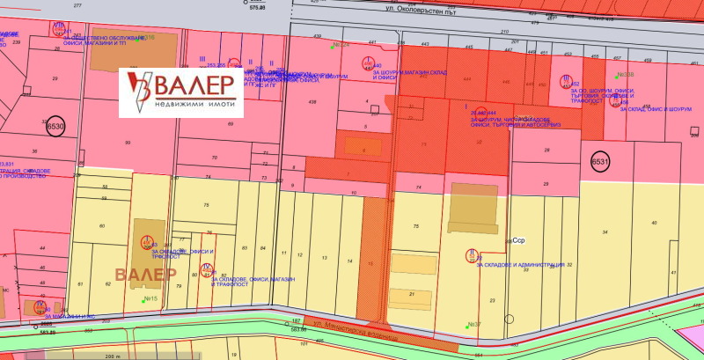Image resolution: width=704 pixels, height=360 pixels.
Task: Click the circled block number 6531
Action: click(599, 163)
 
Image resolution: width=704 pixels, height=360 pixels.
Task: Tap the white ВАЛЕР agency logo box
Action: click(180, 88)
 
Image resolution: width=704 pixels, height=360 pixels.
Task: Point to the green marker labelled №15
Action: click(149, 299)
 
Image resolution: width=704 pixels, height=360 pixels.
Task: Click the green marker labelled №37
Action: click(473, 324)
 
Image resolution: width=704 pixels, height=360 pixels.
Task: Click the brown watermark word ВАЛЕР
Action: click(146, 274)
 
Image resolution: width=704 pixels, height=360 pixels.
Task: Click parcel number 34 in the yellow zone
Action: click(605, 231)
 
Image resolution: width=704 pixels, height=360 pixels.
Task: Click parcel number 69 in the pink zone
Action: click(231, 124)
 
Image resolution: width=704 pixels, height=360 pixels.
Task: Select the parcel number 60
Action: click(102, 226)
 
